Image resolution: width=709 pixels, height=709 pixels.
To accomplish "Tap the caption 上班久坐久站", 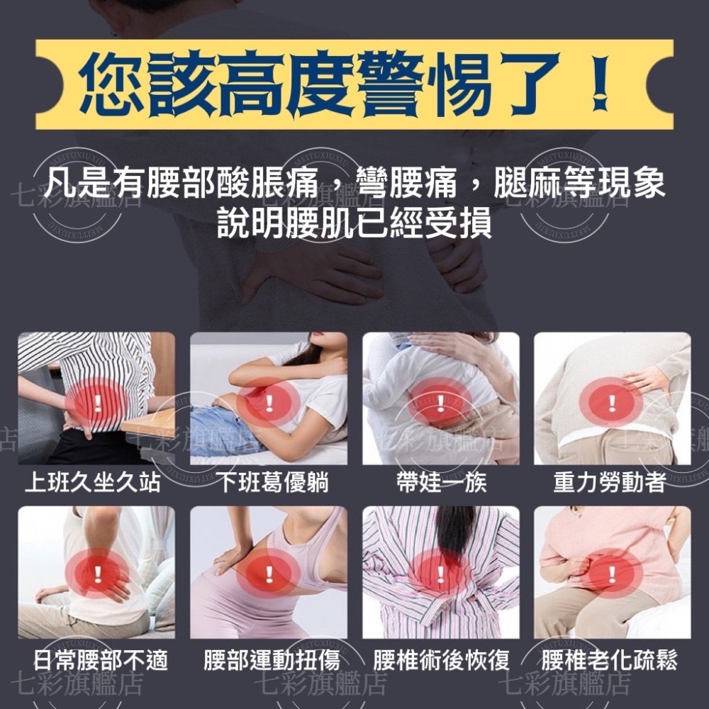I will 93,483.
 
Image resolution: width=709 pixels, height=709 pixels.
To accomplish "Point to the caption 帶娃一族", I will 442,483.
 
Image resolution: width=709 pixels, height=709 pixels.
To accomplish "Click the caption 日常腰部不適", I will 101,661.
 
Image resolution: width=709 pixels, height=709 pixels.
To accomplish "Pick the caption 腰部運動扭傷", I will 272,661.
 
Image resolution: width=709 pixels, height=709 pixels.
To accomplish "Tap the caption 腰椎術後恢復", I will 442,661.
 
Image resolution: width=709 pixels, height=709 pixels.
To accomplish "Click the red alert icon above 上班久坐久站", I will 96,405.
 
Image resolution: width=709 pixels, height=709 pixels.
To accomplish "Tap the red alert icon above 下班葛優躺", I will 269,405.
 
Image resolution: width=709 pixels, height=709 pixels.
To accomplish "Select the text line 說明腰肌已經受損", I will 354,223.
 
